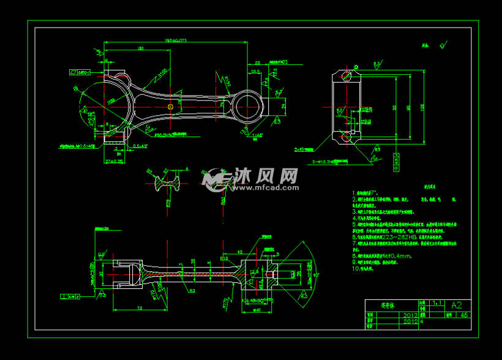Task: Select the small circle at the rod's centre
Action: (170, 106)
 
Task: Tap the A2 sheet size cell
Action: (457, 305)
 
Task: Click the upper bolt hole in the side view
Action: (347, 76)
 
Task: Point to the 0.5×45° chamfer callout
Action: (140, 146)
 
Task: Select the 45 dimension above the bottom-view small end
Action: (240, 252)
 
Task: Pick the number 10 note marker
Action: (354, 268)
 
